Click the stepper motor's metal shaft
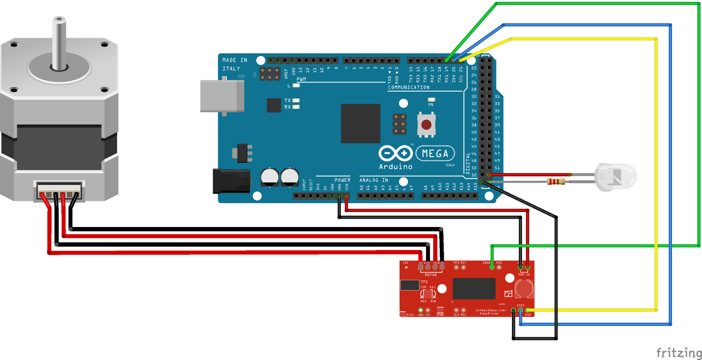click(x=59, y=43)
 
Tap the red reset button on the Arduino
click(x=426, y=125)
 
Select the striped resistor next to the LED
click(x=556, y=182)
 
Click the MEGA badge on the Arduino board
click(x=435, y=153)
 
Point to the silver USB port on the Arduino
click(x=221, y=96)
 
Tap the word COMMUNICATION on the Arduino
click(x=409, y=87)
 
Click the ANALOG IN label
click(x=374, y=180)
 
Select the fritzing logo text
click(x=679, y=353)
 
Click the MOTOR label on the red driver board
click(x=431, y=275)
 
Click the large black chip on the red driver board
click(x=474, y=289)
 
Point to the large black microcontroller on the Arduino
click(x=360, y=123)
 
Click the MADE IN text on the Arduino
click(x=235, y=60)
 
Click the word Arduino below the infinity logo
click(x=396, y=167)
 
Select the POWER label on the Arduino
click(x=342, y=180)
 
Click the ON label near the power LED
click(x=431, y=105)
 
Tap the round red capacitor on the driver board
click(x=524, y=289)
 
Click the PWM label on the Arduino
click(x=301, y=79)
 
